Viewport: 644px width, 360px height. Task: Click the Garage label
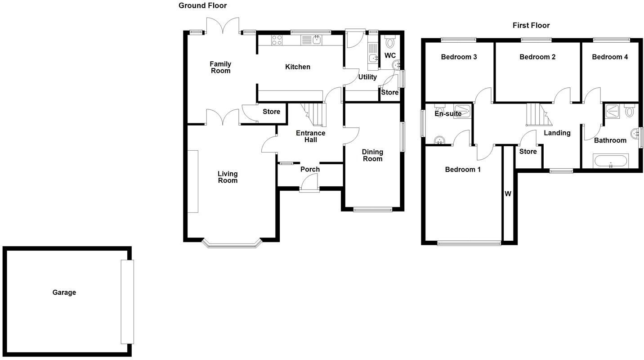64,292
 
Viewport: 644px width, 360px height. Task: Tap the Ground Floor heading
202,5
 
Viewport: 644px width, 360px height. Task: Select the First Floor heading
531,25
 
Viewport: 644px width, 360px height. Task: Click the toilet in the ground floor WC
389,42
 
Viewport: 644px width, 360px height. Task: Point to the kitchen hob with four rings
277,40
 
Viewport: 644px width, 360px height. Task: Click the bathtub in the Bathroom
611,161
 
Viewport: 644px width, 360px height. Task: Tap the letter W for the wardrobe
508,194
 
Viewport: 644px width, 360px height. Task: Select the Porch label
310,169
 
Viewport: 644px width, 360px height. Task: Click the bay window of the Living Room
232,244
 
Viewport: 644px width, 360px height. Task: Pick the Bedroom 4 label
610,57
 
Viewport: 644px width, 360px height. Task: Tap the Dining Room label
372,155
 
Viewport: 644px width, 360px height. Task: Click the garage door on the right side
127,301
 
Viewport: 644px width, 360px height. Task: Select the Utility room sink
373,58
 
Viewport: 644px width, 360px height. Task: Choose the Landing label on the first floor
557,133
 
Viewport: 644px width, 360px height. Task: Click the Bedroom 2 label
537,57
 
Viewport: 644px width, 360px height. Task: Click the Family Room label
220,67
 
